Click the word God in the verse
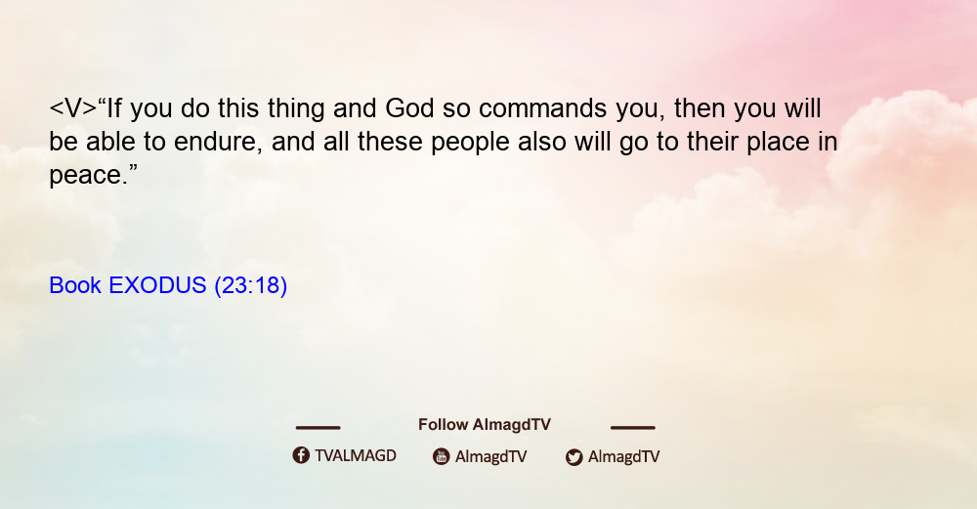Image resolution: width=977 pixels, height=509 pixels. (x=409, y=108)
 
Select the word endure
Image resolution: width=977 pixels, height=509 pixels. (x=215, y=142)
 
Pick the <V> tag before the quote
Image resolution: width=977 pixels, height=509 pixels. (x=73, y=108)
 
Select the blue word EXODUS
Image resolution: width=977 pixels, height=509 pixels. (x=157, y=285)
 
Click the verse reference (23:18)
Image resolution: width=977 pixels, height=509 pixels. (x=250, y=285)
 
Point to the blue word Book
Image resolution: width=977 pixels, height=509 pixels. (x=75, y=285)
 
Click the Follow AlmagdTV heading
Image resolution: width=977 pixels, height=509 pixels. (x=485, y=425)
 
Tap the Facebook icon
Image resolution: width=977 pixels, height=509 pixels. (x=301, y=455)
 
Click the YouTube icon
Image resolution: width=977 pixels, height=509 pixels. (x=442, y=456)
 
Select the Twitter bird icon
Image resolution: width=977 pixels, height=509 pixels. (x=573, y=457)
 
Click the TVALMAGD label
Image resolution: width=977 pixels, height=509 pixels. (x=356, y=456)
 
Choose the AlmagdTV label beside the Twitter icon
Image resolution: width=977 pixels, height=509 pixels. (x=623, y=457)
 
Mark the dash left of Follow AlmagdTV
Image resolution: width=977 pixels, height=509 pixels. (x=318, y=427)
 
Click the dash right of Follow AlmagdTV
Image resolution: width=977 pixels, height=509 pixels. (x=632, y=427)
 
